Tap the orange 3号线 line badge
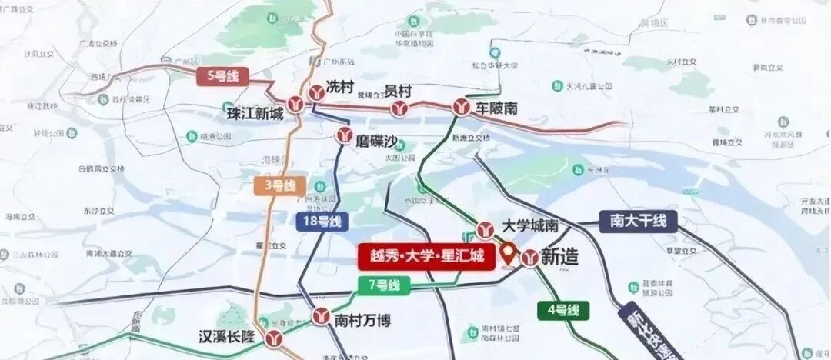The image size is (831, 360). tap(279, 185)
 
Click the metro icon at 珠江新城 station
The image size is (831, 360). tap(297, 104)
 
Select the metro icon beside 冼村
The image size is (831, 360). tap(315, 93)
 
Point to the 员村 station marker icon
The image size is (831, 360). tap(399, 108)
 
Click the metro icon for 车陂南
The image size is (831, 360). tap(462, 108)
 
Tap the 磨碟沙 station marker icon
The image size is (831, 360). tap(344, 136)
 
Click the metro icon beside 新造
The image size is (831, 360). tap(529, 258)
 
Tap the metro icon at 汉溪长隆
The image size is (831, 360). tap(274, 338)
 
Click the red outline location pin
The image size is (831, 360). tap(509, 252)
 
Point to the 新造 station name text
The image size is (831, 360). tap(560, 258)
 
